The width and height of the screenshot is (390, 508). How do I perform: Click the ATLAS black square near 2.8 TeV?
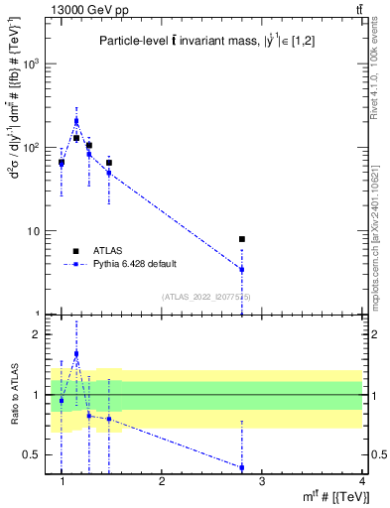[242, 239]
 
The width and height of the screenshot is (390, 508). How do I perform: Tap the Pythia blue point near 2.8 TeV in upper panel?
[242, 270]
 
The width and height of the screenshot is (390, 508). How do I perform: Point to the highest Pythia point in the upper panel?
[76, 121]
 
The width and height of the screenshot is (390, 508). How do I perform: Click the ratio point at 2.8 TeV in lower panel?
[242, 467]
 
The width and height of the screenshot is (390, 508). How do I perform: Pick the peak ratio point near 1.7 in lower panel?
[76, 353]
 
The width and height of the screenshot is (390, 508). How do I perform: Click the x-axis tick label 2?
[162, 480]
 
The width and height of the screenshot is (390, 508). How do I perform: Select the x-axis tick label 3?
[262, 480]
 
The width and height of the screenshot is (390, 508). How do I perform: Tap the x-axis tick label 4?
[362, 480]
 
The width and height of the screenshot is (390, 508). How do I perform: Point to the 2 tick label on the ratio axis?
[43, 334]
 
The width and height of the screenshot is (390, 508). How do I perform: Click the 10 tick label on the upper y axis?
[37, 231]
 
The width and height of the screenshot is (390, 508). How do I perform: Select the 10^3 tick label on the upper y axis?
[35, 63]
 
